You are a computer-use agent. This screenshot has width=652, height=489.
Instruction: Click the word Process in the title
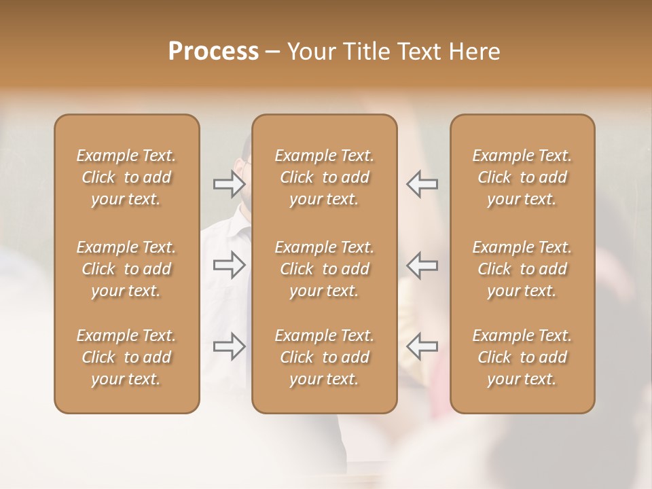click(213, 52)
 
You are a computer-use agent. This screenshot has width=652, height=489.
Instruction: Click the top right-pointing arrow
click(230, 183)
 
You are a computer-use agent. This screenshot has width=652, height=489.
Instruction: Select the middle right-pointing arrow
click(230, 265)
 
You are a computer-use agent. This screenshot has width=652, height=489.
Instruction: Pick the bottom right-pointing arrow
click(230, 346)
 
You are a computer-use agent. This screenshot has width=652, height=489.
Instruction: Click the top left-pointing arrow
click(422, 183)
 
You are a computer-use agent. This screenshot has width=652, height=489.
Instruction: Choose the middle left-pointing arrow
click(422, 265)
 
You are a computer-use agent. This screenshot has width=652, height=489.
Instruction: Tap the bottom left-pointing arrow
click(422, 346)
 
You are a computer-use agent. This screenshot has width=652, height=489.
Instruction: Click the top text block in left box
click(126, 177)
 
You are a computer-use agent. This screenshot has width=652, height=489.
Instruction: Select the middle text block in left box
click(126, 269)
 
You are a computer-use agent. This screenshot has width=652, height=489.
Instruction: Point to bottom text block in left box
click(126, 357)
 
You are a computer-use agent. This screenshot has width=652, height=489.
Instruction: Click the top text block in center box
click(324, 177)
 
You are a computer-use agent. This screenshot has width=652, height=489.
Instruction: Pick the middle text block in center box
click(324, 269)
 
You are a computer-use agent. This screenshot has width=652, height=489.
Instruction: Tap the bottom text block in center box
click(324, 357)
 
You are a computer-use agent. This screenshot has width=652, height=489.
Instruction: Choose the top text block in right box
click(522, 177)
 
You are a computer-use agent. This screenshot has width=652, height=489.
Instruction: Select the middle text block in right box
click(522, 269)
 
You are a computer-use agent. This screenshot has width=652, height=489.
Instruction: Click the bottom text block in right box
click(522, 357)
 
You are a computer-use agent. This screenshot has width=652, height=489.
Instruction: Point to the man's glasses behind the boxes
click(246, 163)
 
